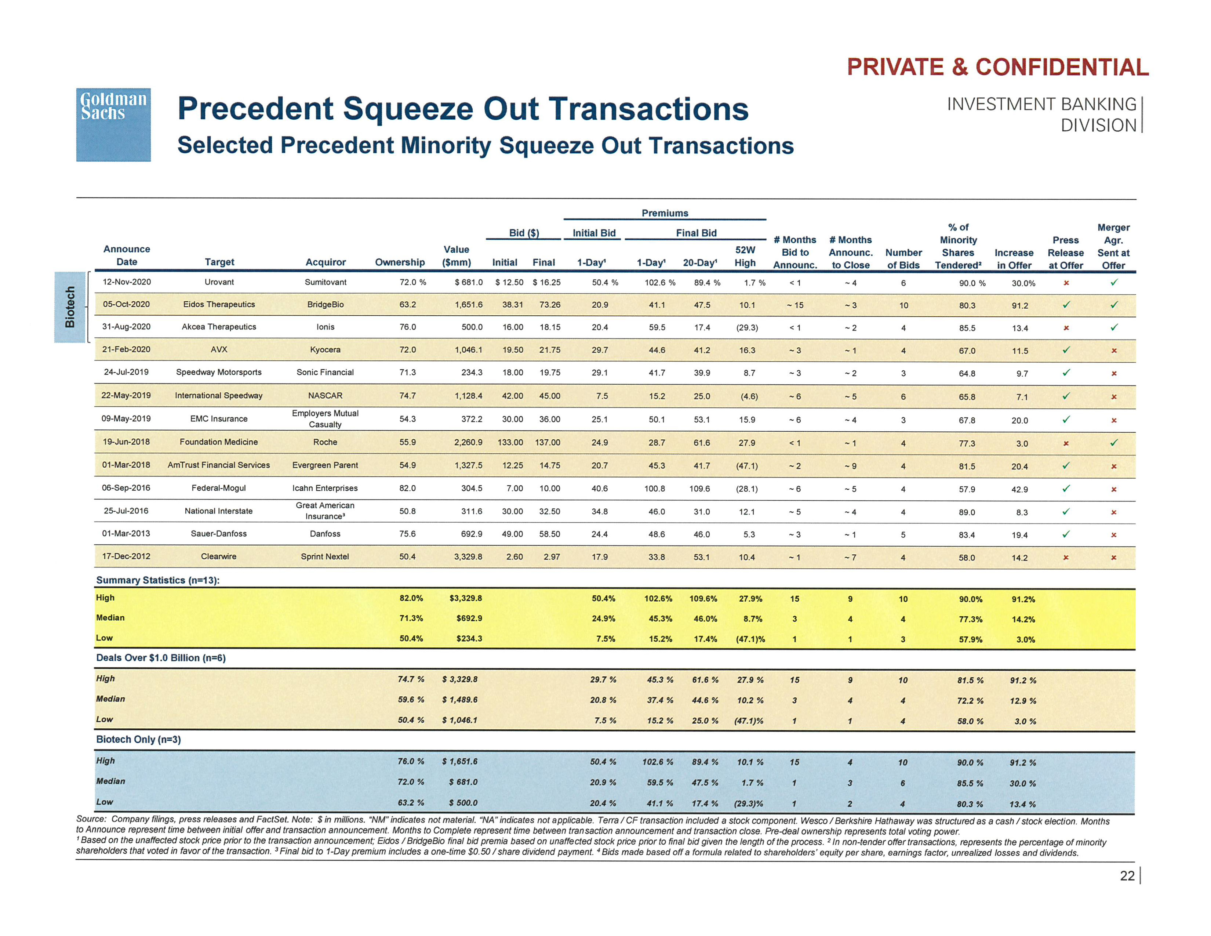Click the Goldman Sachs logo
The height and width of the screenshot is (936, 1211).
(x=113, y=125)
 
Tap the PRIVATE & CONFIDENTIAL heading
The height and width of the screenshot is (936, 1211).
(x=997, y=67)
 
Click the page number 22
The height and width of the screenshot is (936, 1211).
(x=1127, y=875)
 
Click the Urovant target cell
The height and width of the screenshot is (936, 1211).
(x=219, y=282)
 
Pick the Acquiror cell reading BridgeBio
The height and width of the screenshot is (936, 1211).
(x=326, y=304)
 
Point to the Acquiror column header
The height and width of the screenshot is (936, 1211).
(x=326, y=262)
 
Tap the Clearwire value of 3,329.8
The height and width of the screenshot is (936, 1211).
(x=468, y=557)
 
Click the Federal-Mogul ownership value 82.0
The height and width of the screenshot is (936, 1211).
(x=408, y=488)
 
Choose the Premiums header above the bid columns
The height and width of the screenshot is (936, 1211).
(x=665, y=213)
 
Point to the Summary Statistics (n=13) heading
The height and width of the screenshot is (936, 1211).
(x=158, y=580)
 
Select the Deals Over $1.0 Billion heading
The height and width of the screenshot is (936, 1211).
(x=161, y=658)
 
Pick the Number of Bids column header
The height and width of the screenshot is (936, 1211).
(x=903, y=258)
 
